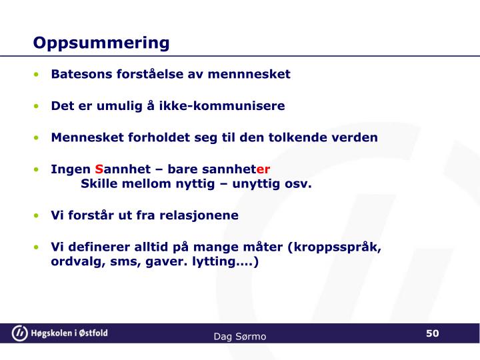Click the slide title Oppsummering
click(x=101, y=43)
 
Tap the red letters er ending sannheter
click(x=263, y=169)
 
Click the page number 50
click(x=433, y=333)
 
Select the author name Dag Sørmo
click(x=240, y=337)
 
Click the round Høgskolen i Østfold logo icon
click(x=21, y=333)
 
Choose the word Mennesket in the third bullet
click(x=84, y=138)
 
